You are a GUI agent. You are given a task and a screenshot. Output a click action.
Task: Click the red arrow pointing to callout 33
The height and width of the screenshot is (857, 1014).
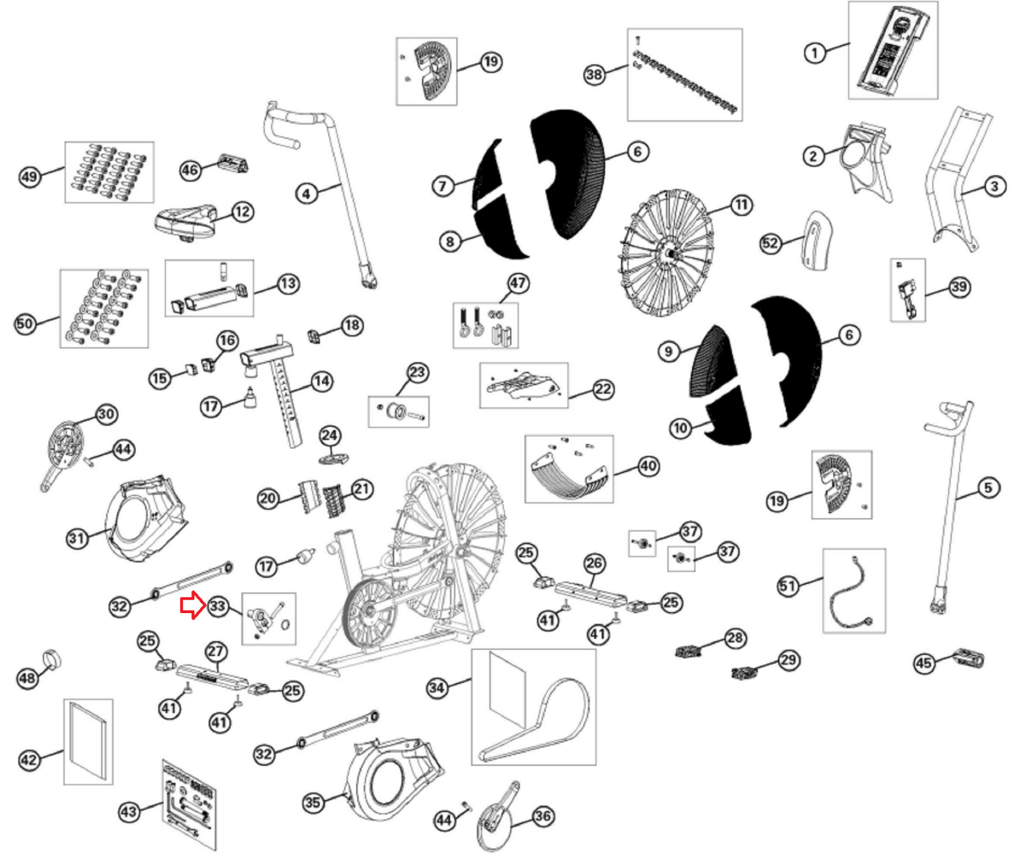pyautogui.click(x=191, y=606)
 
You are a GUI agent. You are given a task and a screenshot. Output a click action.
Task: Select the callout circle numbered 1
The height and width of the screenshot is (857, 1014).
pyautogui.click(x=815, y=53)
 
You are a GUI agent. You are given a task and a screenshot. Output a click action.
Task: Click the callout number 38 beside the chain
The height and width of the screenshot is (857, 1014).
pyautogui.click(x=594, y=75)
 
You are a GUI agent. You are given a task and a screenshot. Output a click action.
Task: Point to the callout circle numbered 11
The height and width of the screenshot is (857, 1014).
pyautogui.click(x=741, y=205)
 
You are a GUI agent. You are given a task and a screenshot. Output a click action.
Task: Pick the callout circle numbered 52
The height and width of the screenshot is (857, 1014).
pyautogui.click(x=770, y=243)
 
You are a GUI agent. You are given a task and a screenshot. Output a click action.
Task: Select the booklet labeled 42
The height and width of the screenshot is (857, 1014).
pyautogui.click(x=88, y=741)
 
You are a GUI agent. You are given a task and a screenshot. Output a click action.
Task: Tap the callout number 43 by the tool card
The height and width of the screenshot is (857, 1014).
pyautogui.click(x=129, y=811)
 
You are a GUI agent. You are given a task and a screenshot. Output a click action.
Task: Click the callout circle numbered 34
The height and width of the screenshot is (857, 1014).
pyautogui.click(x=437, y=688)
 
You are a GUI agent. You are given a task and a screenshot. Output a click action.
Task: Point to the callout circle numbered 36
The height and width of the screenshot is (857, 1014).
pyautogui.click(x=542, y=816)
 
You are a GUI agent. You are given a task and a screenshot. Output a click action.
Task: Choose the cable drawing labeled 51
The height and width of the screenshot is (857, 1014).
pyautogui.click(x=854, y=591)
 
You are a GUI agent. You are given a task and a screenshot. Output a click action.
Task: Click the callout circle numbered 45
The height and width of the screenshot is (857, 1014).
pyautogui.click(x=923, y=663)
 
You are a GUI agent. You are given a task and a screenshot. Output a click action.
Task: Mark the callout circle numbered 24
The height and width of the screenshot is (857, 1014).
pyautogui.click(x=330, y=435)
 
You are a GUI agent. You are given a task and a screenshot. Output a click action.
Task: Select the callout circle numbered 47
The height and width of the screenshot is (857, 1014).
pyautogui.click(x=518, y=283)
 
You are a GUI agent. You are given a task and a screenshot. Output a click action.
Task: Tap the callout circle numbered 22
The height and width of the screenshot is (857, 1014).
pyautogui.click(x=603, y=389)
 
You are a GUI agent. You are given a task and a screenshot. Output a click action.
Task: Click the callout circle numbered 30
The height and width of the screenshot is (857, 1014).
pyautogui.click(x=106, y=414)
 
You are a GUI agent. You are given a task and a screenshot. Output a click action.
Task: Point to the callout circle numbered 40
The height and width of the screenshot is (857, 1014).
pyautogui.click(x=648, y=466)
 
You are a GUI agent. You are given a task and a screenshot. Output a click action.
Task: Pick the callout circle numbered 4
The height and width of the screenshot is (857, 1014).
pyautogui.click(x=307, y=193)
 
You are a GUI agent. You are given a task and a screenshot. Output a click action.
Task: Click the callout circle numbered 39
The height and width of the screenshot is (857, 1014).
pyautogui.click(x=959, y=287)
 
